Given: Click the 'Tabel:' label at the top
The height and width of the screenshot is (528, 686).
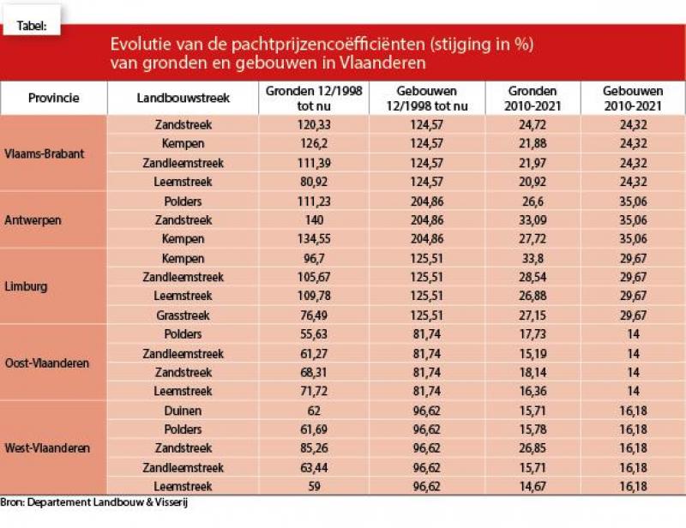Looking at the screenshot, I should [32, 26].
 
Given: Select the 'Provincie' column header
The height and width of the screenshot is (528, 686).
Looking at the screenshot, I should [53, 98].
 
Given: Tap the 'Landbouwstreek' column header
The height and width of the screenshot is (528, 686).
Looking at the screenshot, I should [183, 98].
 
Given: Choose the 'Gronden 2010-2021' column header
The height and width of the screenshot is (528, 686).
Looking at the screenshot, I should [533, 98].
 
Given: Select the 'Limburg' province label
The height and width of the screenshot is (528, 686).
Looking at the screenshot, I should [28, 287].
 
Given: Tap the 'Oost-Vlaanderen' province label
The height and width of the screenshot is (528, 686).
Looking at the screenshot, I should [47, 363].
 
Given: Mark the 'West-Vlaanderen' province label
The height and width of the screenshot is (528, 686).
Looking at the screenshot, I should [47, 448].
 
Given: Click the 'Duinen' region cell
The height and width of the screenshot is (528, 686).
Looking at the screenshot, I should [183, 411].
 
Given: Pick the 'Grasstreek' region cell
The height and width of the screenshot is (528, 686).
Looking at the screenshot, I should [183, 315].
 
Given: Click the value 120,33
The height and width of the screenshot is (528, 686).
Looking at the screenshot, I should [314, 125].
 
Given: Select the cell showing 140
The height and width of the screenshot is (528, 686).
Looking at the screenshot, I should [314, 220].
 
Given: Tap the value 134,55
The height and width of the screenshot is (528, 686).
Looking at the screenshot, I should [314, 239].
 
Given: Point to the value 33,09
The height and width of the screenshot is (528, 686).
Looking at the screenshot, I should [533, 220].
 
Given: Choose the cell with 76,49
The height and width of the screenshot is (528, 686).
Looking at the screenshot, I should [314, 315].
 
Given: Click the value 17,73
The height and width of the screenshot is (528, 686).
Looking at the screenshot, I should [533, 334].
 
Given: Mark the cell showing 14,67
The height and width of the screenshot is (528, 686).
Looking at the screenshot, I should [533, 487].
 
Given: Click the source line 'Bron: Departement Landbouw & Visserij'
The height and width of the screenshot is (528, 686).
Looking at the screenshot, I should [93, 503].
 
